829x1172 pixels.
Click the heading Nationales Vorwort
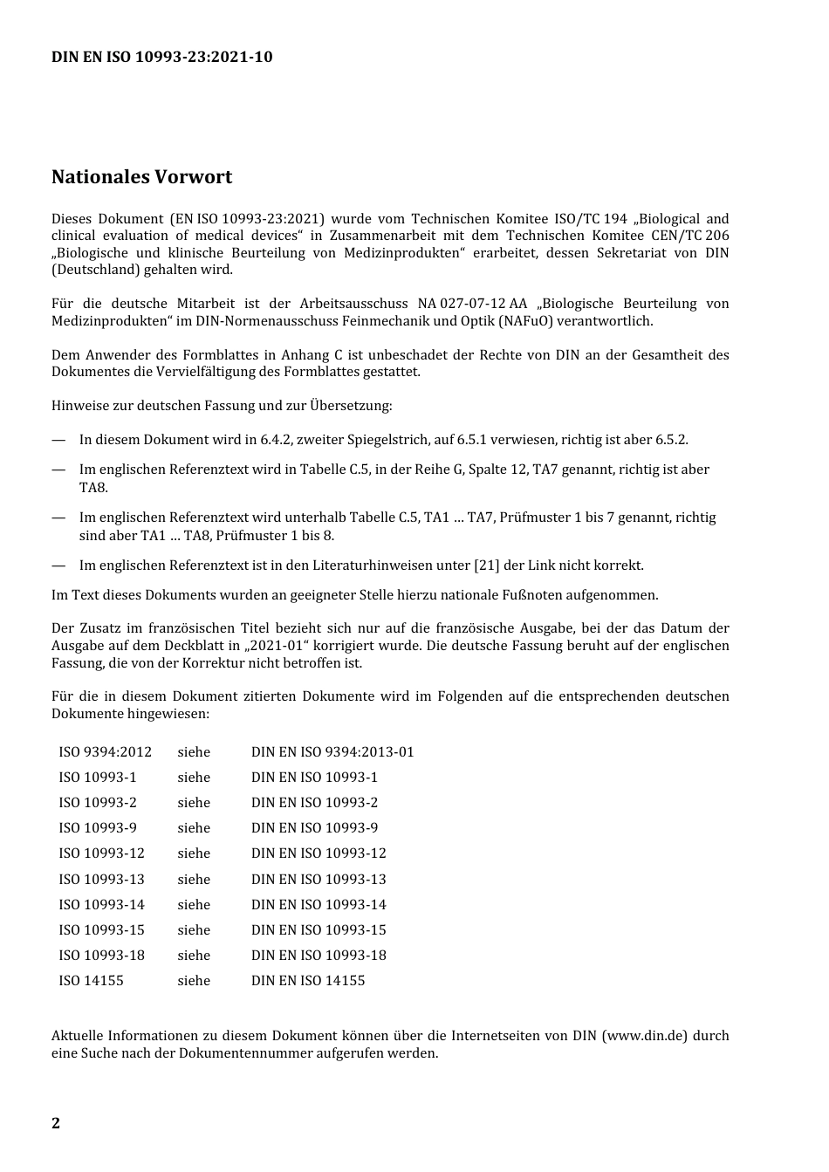[141, 177]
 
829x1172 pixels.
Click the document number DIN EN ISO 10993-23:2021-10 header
[161, 58]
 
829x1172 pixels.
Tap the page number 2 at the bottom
[56, 1123]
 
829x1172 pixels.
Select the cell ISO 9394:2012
[105, 752]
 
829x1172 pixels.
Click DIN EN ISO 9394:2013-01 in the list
[332, 752]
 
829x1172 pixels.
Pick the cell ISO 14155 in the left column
[91, 981]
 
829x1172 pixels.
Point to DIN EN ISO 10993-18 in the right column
[319, 956]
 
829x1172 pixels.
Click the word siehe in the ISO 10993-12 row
[194, 853]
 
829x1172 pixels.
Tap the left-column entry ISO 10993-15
[101, 930]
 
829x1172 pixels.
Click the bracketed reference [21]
[486, 565]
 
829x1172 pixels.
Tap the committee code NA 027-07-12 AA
[472, 304]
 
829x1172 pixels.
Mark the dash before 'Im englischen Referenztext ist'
[58, 565]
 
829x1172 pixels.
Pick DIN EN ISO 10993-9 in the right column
[314, 828]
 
